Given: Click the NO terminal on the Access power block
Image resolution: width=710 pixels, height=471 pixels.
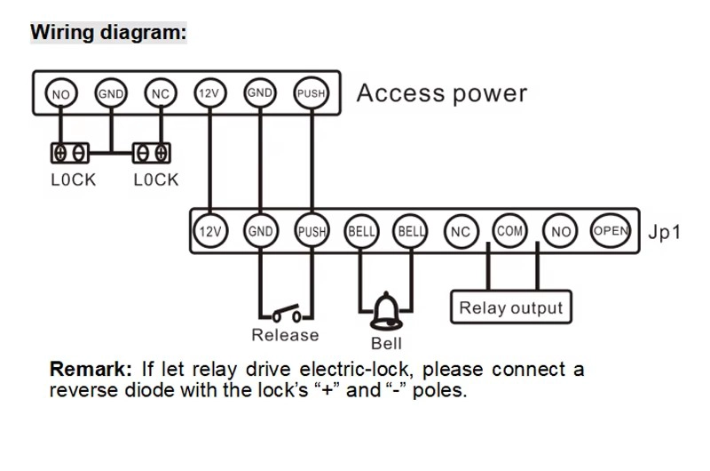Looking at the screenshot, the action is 61,93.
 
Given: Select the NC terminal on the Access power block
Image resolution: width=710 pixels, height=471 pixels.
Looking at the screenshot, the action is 161,93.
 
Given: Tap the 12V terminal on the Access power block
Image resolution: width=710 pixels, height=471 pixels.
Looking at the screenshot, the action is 209,93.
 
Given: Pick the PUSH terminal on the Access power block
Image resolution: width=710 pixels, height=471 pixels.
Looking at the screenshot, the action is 312,93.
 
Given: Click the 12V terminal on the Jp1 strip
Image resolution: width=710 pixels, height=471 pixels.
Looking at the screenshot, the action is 210,231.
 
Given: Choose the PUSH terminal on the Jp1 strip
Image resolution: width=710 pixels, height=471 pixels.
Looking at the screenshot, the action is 312,231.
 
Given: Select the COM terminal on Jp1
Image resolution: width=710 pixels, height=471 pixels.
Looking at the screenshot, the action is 509,231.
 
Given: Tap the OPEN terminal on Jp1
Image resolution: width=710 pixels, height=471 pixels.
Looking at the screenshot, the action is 611,231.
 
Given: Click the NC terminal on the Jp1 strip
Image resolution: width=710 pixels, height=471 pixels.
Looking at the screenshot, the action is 461,232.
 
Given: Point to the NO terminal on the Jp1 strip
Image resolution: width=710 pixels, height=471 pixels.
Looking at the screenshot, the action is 561,232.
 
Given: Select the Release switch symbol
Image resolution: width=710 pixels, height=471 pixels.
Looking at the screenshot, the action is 286,314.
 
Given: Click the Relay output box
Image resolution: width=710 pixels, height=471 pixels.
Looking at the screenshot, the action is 511,307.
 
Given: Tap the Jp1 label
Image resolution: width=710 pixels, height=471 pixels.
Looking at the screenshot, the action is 664,232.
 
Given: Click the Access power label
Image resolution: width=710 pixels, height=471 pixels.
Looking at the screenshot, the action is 442,93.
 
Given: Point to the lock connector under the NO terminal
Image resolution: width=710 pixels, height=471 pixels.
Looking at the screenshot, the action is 70,153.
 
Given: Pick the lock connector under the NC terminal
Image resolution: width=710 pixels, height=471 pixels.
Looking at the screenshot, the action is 152,153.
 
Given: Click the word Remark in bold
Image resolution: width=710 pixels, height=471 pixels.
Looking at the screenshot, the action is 91,369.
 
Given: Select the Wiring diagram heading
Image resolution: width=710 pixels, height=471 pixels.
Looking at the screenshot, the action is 108,33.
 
